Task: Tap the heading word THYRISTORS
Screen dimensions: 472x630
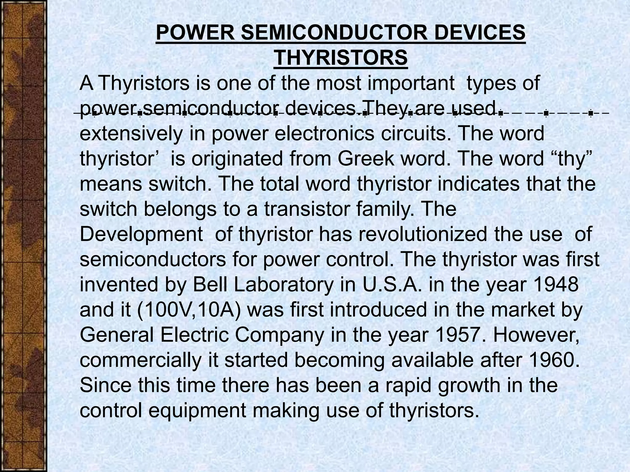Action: (x=341, y=58)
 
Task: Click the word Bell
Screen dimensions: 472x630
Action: (x=211, y=284)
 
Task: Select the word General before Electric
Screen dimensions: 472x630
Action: (x=117, y=335)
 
